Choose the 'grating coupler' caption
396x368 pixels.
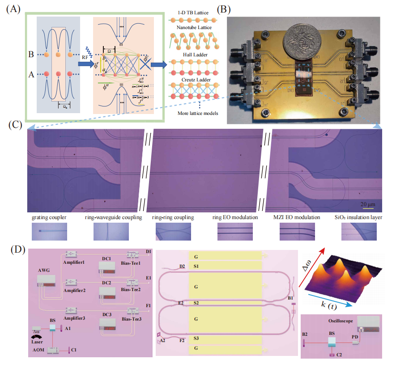tap(49, 218)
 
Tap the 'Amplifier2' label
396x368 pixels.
tap(75, 290)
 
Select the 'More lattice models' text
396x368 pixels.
tap(194, 113)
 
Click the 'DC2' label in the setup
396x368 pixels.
tap(106, 283)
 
